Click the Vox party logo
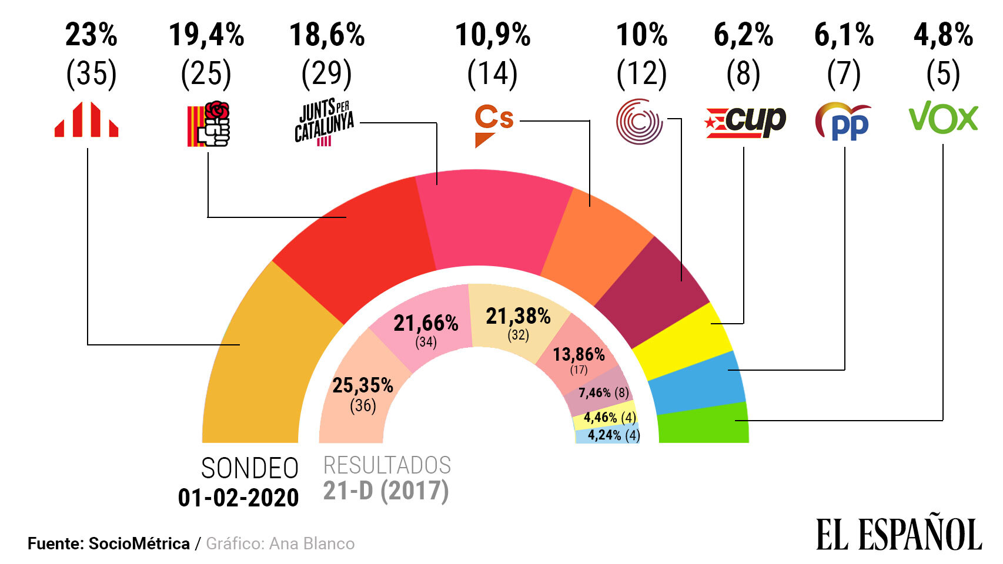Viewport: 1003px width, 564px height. click(943, 117)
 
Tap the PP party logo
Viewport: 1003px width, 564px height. click(844, 122)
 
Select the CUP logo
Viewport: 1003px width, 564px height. click(745, 122)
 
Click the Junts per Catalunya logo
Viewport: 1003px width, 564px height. click(325, 122)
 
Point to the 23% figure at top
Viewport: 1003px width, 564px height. click(91, 35)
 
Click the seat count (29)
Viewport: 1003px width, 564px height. click(326, 74)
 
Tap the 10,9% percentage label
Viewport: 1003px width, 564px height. click(493, 35)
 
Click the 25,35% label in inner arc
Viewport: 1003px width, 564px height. click(363, 385)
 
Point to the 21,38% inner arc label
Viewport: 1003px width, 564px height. click(518, 317)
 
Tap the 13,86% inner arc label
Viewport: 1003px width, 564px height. click(579, 354)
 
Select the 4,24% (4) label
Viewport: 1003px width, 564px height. click(613, 435)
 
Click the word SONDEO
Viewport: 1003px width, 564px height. click(250, 469)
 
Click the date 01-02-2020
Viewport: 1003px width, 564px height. click(238, 498)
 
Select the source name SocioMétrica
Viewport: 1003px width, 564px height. click(139, 544)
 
